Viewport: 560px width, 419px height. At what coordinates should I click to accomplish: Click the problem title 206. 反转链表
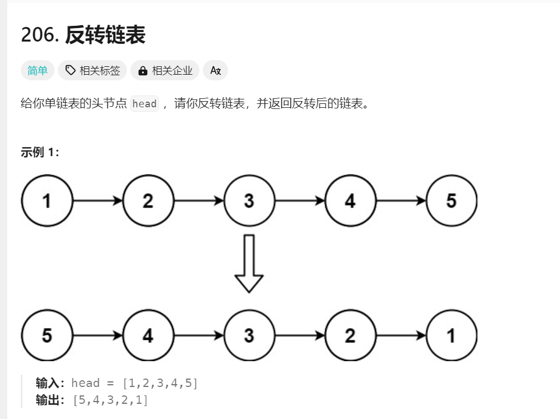click(83, 35)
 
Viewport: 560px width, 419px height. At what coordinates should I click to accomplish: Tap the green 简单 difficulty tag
click(38, 70)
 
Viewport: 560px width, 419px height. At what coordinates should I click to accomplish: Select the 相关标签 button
click(93, 70)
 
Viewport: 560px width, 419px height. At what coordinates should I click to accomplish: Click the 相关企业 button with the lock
click(165, 70)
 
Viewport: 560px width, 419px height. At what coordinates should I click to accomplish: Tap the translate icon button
click(215, 70)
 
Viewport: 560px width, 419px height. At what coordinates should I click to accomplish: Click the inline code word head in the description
click(144, 104)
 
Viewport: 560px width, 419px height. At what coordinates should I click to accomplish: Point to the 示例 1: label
click(40, 153)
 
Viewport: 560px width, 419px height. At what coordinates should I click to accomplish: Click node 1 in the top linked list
click(47, 201)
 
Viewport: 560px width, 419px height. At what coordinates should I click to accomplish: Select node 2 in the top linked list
click(148, 201)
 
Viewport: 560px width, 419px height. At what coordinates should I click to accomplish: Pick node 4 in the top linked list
click(350, 201)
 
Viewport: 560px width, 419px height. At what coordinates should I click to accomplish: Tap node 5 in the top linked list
click(451, 201)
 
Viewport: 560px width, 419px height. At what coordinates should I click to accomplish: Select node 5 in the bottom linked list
click(47, 335)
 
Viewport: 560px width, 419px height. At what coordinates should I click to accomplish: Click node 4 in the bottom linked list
click(148, 335)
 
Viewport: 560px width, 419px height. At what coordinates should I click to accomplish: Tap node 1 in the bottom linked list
click(451, 335)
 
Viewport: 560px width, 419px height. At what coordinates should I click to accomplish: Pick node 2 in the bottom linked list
click(350, 335)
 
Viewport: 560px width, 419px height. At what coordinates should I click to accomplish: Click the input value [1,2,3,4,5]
click(160, 384)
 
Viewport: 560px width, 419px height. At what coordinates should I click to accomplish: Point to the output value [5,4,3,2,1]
click(111, 400)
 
